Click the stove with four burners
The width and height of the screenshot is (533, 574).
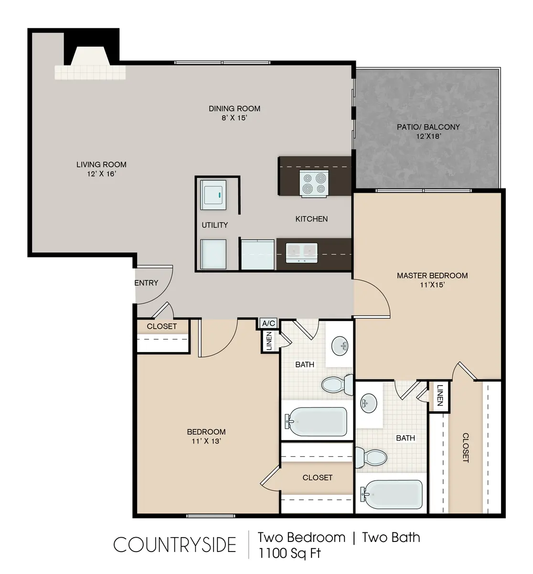click(x=314, y=183)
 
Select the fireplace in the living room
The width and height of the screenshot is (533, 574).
click(x=90, y=62)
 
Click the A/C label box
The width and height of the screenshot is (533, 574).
click(x=268, y=323)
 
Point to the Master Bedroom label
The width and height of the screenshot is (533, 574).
click(x=432, y=276)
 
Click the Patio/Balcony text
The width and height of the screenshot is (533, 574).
click(x=428, y=127)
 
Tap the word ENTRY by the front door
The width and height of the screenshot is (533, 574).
click(x=146, y=283)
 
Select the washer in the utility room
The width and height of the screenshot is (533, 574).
click(x=213, y=195)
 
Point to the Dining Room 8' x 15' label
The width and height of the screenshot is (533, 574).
click(x=235, y=113)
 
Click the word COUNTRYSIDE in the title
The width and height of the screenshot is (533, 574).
click(x=174, y=545)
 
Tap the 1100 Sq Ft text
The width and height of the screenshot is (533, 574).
click(x=289, y=553)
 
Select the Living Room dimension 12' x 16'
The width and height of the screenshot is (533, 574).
click(x=101, y=174)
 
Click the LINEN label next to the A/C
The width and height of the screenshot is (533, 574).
click(x=269, y=341)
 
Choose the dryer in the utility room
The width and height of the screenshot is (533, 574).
click(x=213, y=254)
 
